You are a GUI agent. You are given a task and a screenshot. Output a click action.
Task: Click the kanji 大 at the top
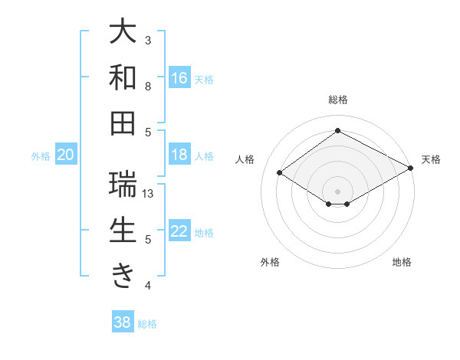[123, 32]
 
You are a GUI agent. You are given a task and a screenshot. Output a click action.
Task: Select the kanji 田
[123, 123]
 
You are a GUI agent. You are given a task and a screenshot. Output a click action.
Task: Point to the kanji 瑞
[123, 185]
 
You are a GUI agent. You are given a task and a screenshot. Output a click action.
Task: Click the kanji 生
[123, 231]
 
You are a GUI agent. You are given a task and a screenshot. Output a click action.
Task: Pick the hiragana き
[123, 277]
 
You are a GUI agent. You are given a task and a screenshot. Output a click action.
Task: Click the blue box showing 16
[179, 78]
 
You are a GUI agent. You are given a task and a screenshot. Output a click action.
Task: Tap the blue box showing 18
[179, 155]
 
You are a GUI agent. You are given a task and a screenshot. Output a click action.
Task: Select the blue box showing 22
[179, 231]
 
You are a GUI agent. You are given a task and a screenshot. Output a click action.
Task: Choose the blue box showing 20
[65, 155]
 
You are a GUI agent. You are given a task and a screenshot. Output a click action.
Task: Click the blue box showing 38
[122, 322]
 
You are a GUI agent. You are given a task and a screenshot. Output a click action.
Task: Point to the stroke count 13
[149, 194]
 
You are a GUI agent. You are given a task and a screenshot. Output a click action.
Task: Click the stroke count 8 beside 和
[149, 86]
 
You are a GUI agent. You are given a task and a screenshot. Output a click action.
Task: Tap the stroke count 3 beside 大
[149, 40]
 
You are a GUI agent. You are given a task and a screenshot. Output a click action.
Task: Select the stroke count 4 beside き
[149, 286]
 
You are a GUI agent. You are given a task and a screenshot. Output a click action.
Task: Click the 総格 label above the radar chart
[337, 100]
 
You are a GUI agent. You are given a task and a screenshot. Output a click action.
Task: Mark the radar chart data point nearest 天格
[412, 169]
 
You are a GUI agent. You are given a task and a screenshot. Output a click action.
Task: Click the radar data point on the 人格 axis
[280, 173]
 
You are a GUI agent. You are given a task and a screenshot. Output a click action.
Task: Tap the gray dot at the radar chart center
[337, 190]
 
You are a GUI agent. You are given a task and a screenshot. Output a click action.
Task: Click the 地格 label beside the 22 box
[204, 233]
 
